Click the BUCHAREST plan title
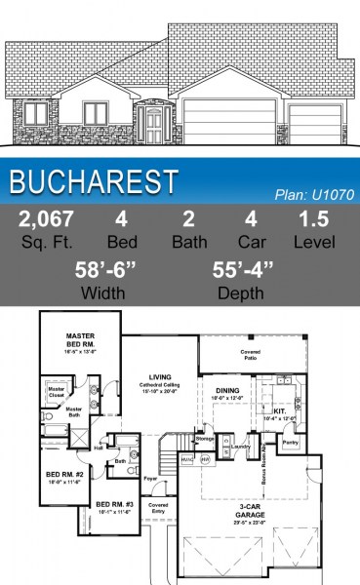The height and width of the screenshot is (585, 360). (96, 181)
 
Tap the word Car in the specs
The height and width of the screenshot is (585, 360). (252, 240)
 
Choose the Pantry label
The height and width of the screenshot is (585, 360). (291, 442)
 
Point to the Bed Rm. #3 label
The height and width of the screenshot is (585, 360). (115, 505)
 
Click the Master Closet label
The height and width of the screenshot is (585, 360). (56, 393)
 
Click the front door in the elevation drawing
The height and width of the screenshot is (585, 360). (153, 124)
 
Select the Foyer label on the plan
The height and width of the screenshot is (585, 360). (150, 479)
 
